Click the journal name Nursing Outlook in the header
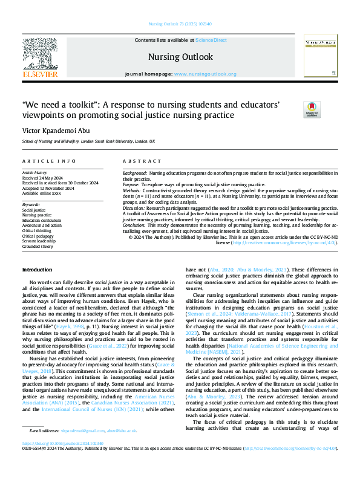click(180, 57)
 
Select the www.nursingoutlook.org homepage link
click(205, 74)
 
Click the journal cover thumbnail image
click(321, 56)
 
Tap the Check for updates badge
click(311, 109)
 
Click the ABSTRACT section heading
click(139, 162)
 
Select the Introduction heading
click(37, 269)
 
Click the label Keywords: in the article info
click(31, 205)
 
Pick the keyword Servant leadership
click(39, 241)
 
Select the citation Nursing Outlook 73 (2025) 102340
click(180, 25)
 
